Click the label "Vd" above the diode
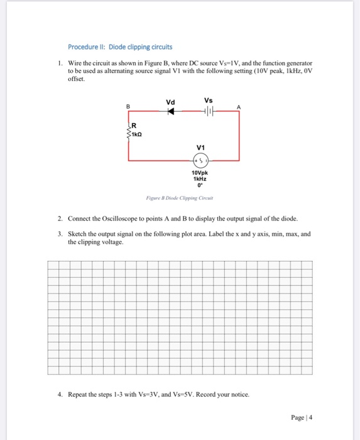point(170,101)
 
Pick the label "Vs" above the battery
point(209,100)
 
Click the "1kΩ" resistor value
point(138,135)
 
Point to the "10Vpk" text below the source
point(200,173)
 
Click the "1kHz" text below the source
point(200,179)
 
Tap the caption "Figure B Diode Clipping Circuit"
point(180,197)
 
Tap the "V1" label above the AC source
point(200,148)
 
